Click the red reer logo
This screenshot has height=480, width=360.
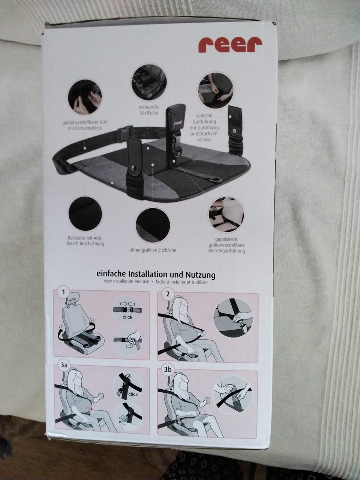click(230, 45)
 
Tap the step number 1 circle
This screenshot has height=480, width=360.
click(64, 292)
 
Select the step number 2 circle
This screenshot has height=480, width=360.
click(168, 294)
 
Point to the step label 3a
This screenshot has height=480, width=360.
click(64, 365)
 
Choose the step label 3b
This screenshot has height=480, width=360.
click(168, 369)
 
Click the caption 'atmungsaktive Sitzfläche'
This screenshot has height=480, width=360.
click(153, 250)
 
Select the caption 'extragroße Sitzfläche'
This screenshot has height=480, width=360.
click(149, 110)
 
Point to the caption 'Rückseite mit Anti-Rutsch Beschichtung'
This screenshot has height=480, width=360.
click(85, 240)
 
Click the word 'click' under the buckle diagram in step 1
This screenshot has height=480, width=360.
click(127, 317)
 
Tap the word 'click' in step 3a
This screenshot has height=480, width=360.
click(133, 394)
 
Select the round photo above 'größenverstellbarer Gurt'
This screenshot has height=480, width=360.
click(85, 97)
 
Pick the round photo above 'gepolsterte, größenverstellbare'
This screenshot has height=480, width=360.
click(226, 214)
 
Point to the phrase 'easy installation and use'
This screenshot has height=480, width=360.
click(126, 282)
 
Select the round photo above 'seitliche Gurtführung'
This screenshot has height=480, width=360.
click(216, 91)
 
